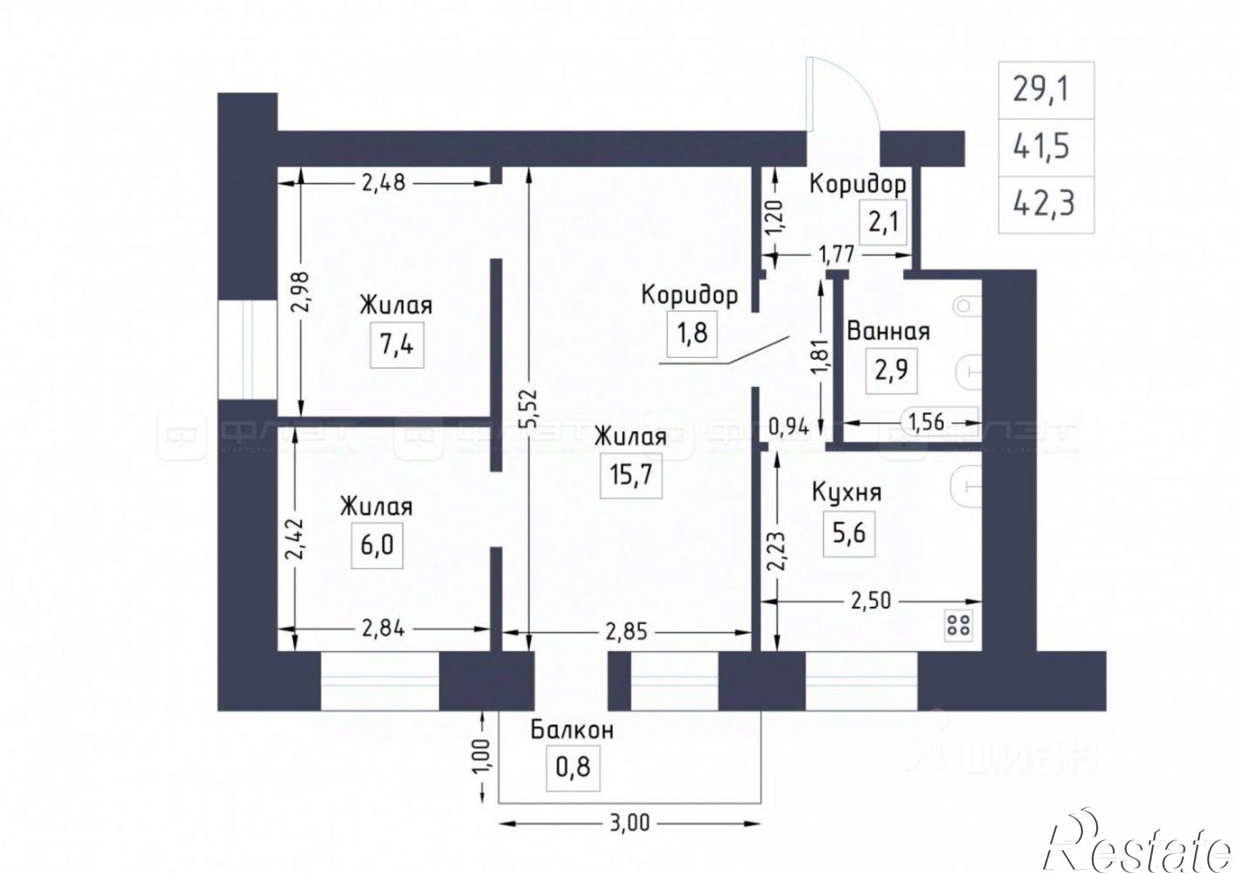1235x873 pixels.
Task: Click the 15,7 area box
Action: tap(631, 475)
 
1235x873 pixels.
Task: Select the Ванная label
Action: tap(888, 332)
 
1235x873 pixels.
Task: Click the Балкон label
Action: tap(572, 730)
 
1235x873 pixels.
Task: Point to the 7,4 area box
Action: tap(396, 344)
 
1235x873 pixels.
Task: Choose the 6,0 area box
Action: tap(377, 545)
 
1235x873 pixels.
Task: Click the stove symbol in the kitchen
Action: tap(958, 625)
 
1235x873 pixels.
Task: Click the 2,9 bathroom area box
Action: tap(891, 370)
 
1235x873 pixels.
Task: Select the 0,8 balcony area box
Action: tap(573, 767)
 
